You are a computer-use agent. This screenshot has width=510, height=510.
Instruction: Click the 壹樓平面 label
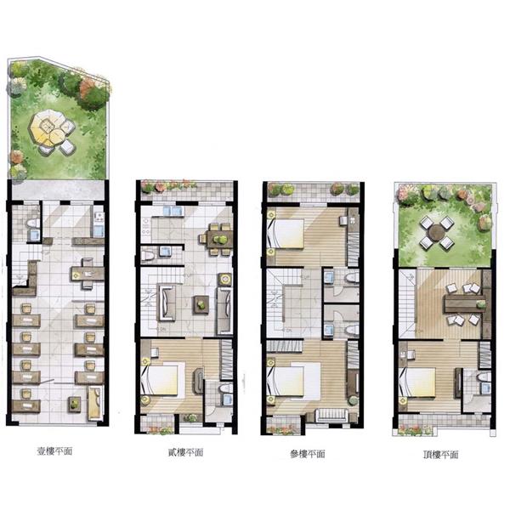[x=54, y=451]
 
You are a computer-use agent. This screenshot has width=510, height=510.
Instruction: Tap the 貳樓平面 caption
[x=185, y=452]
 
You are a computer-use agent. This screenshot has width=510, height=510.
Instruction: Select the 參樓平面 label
[x=308, y=454]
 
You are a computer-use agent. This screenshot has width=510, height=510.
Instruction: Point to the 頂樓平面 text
[x=440, y=455]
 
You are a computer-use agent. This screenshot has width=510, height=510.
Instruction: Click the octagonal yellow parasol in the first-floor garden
[x=46, y=127]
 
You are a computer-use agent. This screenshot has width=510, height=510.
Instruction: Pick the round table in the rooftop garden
[x=436, y=233]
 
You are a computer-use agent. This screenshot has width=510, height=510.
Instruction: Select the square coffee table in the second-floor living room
[x=201, y=304]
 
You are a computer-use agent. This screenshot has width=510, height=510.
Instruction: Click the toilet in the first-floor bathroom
[x=32, y=223]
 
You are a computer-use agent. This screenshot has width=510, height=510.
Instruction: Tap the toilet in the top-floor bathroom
[x=484, y=377]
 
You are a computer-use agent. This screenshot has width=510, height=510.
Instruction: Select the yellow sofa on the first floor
[x=95, y=403]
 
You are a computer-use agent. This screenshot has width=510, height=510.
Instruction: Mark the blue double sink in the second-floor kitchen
[x=173, y=211]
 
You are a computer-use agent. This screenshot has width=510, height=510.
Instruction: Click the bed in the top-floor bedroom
[x=417, y=382]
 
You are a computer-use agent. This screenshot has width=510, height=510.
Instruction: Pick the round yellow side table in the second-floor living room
[x=224, y=279]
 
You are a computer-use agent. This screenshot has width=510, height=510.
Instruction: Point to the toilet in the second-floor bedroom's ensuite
[x=225, y=388]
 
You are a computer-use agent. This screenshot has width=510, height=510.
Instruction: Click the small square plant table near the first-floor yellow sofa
[x=75, y=405]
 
